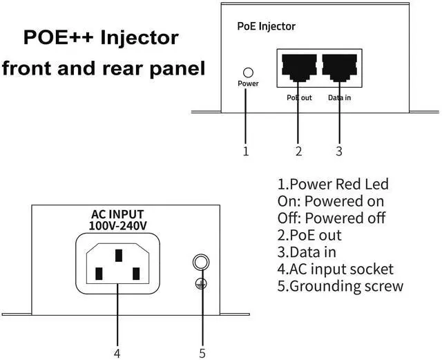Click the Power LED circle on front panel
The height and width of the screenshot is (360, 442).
248,72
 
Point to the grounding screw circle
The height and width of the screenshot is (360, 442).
201,263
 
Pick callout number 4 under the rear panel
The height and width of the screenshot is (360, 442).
117,352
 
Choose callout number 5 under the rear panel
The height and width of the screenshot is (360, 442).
202,352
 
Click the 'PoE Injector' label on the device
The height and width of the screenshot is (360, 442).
266,26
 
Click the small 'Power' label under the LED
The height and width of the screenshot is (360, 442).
248,84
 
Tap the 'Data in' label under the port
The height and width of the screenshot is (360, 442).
339,98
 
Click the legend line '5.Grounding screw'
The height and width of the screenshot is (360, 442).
340,286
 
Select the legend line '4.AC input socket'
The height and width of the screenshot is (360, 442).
335,269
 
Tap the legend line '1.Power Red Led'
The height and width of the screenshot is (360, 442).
333,184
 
